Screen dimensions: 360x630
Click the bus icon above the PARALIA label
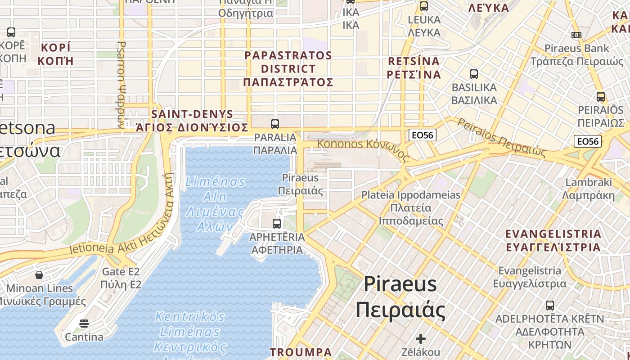coord(275,124)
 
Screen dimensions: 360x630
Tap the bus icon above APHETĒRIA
coord(277,223)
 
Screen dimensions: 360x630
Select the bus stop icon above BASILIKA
coord(473,74)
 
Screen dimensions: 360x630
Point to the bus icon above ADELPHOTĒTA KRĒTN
coord(549,306)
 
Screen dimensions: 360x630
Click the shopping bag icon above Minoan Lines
coord(39,274)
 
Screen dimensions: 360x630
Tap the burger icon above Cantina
coord(84,324)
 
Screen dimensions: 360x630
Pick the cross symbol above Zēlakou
coord(421,338)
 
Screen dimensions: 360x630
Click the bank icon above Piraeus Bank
coord(576,35)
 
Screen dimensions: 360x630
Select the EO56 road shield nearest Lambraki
coord(588,141)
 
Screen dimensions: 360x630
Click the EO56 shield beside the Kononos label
coord(423,135)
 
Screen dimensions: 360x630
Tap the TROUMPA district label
coord(301,352)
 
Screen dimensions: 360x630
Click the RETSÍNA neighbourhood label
coord(414,67)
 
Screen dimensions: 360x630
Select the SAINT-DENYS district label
coord(192,121)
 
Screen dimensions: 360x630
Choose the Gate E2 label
coord(121,278)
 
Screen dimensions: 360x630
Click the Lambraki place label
coord(589,189)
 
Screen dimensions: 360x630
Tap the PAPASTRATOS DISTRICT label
coord(288,69)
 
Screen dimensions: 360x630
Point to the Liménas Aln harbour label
coord(216,204)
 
